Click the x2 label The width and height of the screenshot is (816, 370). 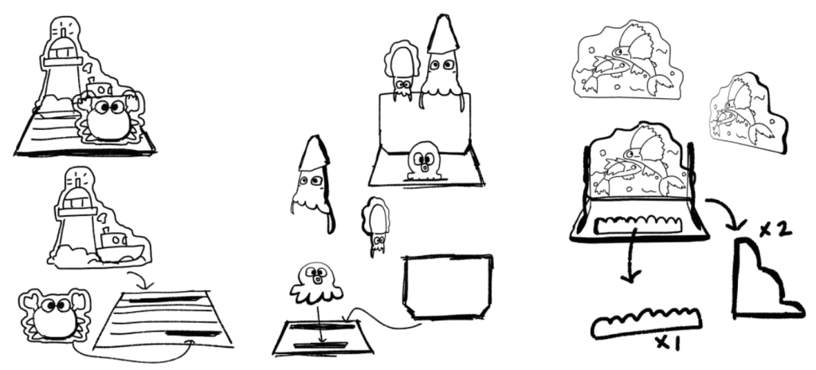pos(775,229)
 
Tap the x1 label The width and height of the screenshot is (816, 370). pos(667,343)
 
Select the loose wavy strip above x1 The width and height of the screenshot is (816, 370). pos(645,322)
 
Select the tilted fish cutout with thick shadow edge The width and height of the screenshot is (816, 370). pos(747,113)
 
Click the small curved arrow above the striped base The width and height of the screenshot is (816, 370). pos(140,278)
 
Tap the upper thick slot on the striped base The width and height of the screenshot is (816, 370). pos(166,299)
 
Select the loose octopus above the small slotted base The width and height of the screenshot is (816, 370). pos(316,285)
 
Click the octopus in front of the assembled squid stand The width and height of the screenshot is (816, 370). pos(424,160)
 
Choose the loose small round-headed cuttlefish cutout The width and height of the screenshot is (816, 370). pos(376,225)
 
